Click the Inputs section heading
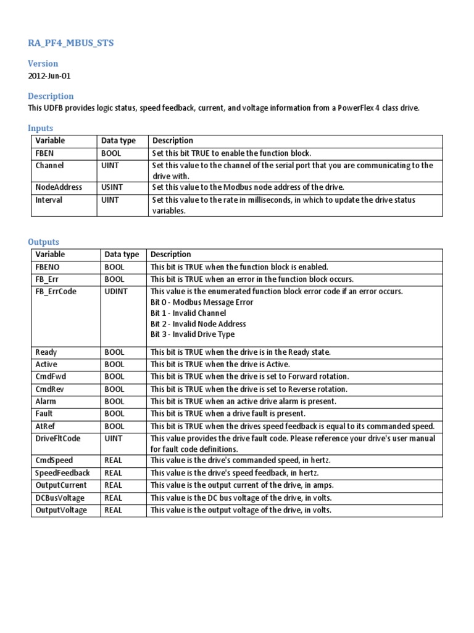40,128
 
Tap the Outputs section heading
43,242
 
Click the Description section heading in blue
51,96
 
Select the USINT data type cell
115,187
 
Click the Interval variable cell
49,200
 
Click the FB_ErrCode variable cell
56,291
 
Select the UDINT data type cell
116,291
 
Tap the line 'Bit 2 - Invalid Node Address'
198,324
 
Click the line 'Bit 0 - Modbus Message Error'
202,302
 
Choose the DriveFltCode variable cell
58,438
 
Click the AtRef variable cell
46,426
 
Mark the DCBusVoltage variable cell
60,498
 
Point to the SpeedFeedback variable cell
62,473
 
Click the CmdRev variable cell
49,389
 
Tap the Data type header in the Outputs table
122,254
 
